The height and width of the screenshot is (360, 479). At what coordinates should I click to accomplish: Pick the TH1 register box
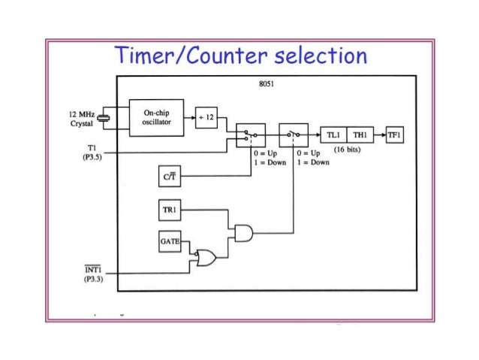pos(360,135)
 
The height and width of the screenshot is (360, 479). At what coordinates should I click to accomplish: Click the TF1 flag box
pos(395,135)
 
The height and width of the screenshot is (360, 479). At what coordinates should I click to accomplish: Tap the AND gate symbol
pos(244,234)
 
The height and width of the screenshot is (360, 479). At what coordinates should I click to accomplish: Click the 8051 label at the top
pos(265,85)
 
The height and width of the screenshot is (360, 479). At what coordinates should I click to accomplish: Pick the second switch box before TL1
pos(294,135)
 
